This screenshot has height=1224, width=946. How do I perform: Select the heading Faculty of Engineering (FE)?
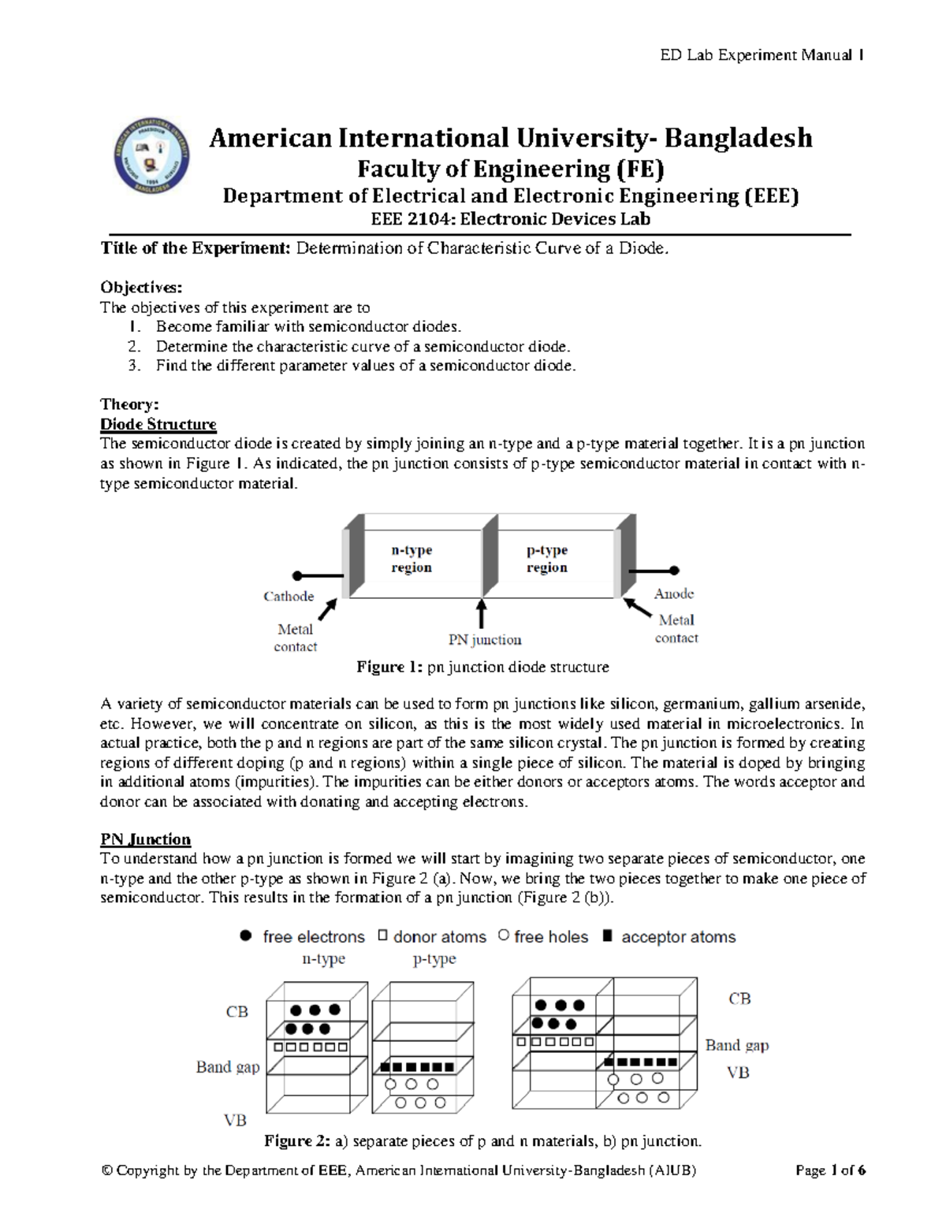511,169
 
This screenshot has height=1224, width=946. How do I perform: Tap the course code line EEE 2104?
511,219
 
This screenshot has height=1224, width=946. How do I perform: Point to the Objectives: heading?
141,288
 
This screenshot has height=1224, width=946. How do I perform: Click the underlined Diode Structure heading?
158,424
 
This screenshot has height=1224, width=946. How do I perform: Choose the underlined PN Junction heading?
146,839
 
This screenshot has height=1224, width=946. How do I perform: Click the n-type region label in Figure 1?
412,558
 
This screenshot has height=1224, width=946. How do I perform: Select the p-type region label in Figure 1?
547,558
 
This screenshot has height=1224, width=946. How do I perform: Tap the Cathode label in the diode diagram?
289,597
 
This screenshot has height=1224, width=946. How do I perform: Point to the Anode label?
674,593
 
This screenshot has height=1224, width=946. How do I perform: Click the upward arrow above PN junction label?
481,613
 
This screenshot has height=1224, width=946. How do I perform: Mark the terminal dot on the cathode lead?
297,576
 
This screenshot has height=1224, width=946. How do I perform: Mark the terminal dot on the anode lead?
674,570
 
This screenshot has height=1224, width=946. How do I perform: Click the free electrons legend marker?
246,936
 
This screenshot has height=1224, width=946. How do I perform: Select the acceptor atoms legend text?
678,937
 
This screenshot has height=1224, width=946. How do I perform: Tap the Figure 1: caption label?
390,667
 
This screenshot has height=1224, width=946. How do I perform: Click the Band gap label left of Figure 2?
228,1067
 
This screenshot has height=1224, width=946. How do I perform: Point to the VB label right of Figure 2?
738,1073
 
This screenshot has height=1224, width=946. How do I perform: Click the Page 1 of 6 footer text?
830,1170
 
